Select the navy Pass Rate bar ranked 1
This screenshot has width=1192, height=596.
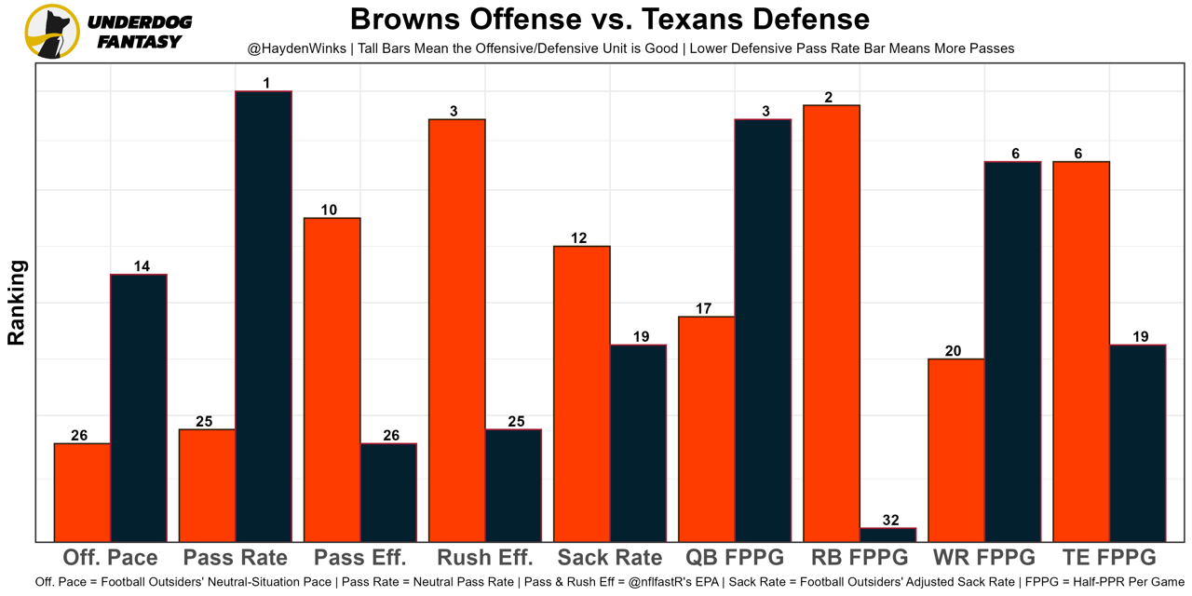click(x=264, y=317)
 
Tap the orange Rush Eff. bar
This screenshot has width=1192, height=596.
click(x=457, y=331)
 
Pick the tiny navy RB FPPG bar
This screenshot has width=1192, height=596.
click(x=887, y=535)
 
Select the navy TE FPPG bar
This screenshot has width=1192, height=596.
click(x=1137, y=443)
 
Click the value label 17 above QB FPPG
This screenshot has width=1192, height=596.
click(x=703, y=309)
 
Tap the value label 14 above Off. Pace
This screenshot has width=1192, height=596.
click(x=142, y=266)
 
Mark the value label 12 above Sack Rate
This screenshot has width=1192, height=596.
click(x=578, y=238)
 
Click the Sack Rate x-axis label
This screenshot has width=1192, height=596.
click(x=610, y=558)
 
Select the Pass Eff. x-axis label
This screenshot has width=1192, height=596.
click(x=360, y=558)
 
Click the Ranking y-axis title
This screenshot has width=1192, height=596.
click(x=17, y=303)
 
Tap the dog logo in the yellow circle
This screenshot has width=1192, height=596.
click(x=52, y=31)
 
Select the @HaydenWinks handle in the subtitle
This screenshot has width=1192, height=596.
click(x=295, y=48)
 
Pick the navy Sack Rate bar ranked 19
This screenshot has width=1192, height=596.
click(x=638, y=443)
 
